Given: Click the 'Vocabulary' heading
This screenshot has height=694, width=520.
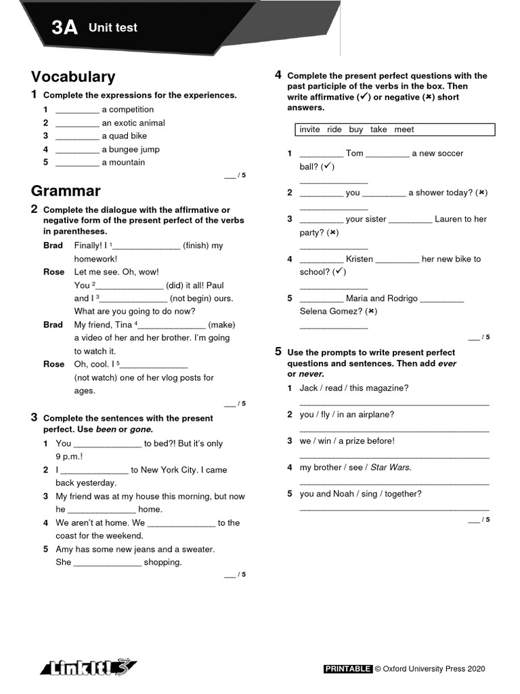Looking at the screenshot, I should pyautogui.click(x=73, y=77).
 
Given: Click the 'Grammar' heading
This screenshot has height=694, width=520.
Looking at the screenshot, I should pyautogui.click(x=66, y=190).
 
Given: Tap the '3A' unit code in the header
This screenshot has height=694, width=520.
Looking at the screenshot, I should pyautogui.click(x=64, y=28).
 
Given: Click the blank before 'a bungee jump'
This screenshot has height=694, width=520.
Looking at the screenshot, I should pyautogui.click(x=77, y=150).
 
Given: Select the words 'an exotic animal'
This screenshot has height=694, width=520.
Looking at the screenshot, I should pyautogui.click(x=133, y=123).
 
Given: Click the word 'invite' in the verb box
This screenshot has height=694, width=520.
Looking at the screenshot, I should pyautogui.click(x=309, y=129).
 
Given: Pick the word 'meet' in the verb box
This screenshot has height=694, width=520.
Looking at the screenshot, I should pyautogui.click(x=404, y=129).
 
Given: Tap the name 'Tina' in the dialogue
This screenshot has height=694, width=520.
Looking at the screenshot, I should pyautogui.click(x=123, y=325).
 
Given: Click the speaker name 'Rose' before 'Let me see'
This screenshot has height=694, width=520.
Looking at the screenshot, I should pyautogui.click(x=54, y=272).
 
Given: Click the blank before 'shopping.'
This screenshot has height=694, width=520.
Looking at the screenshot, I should pyautogui.click(x=107, y=563).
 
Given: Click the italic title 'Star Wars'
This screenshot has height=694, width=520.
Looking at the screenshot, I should pyautogui.click(x=390, y=467).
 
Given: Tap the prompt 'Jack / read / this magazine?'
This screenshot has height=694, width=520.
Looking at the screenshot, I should pyautogui.click(x=354, y=388).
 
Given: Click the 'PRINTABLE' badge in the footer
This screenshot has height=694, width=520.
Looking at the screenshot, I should pyautogui.click(x=348, y=669).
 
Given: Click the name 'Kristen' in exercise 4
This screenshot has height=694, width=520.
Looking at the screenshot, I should pyautogui.click(x=359, y=259).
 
